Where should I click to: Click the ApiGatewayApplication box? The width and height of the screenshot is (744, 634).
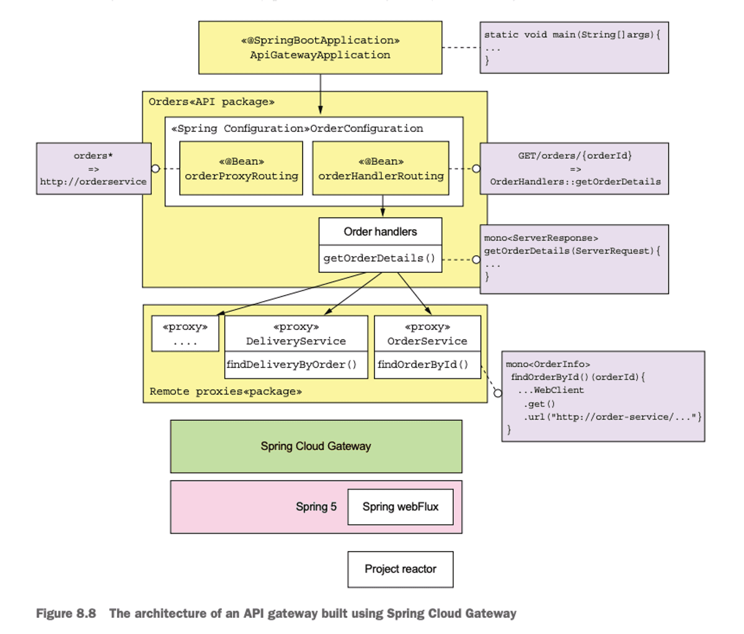click(320, 48)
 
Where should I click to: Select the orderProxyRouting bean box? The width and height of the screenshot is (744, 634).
click(241, 169)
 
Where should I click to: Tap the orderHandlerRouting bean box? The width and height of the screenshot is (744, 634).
click(381, 169)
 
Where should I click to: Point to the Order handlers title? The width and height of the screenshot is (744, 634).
click(380, 232)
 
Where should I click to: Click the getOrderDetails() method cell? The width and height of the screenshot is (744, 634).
click(380, 258)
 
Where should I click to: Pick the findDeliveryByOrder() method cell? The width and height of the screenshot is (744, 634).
click(292, 365)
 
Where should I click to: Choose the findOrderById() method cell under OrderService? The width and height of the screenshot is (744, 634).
click(423, 365)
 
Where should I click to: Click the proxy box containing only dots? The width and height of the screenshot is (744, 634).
click(185, 334)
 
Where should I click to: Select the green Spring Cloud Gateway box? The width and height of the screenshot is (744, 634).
click(316, 446)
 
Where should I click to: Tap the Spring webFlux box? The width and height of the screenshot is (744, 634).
click(400, 507)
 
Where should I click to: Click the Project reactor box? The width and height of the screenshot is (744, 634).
click(400, 569)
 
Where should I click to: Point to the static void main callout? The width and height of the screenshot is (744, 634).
click(573, 47)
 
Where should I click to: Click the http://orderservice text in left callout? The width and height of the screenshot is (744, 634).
click(94, 182)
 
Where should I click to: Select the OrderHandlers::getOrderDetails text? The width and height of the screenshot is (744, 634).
click(575, 182)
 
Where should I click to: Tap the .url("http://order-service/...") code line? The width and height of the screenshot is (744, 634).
click(612, 416)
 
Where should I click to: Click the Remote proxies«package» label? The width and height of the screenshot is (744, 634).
click(226, 392)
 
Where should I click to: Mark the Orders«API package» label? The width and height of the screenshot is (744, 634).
click(211, 102)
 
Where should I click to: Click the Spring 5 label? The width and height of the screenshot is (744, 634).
click(316, 507)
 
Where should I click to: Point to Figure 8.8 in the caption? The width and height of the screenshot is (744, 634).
click(66, 614)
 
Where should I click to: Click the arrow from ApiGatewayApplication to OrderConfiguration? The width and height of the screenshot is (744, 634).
click(321, 94)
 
